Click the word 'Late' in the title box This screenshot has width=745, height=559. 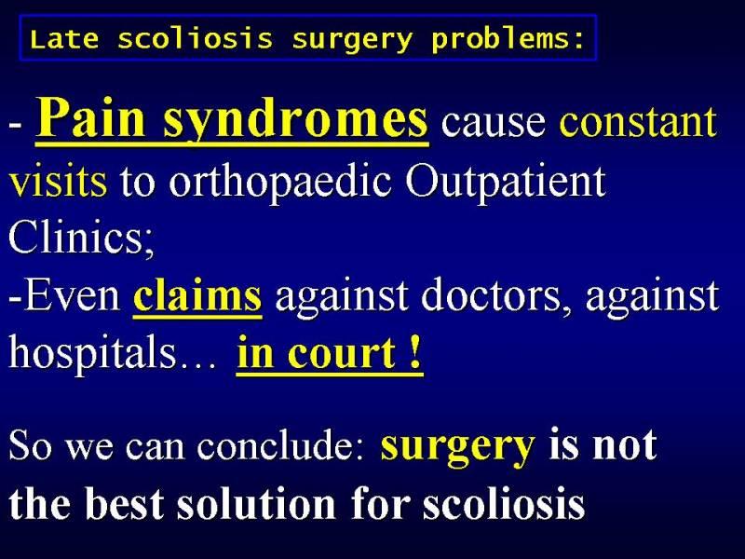click(64, 39)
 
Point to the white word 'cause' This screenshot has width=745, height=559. click(494, 123)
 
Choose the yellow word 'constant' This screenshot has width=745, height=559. click(638, 121)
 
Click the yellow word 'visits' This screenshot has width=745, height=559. click(58, 181)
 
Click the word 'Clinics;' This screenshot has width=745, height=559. click(81, 238)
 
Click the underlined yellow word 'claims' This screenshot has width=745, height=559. click(197, 295)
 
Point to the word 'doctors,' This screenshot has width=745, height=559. click(496, 296)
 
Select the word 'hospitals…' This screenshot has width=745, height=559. click(112, 354)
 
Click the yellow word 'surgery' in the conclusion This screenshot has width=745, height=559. click(458, 448)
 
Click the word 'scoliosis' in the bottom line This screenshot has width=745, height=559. click(504, 503)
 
